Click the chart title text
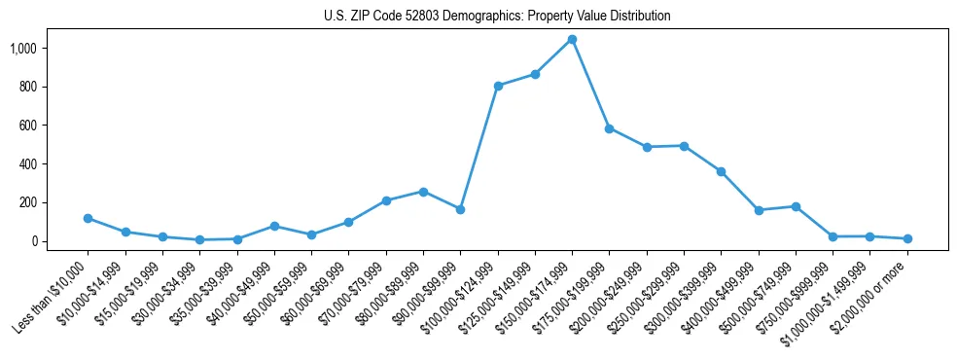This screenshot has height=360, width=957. [497, 17]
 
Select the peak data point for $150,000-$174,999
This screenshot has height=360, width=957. [572, 40]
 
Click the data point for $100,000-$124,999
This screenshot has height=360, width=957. [498, 86]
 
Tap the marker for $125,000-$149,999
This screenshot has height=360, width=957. [535, 74]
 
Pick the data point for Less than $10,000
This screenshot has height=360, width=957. [89, 218]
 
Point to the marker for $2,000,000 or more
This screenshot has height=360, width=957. [907, 238]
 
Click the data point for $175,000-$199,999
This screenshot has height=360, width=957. [609, 128]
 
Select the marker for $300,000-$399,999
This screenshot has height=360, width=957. [721, 171]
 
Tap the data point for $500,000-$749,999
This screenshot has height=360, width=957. [796, 206]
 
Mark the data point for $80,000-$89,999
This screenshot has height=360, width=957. [423, 192]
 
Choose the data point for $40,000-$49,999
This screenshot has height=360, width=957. [274, 226]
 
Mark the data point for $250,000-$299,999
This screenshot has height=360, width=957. [684, 146]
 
